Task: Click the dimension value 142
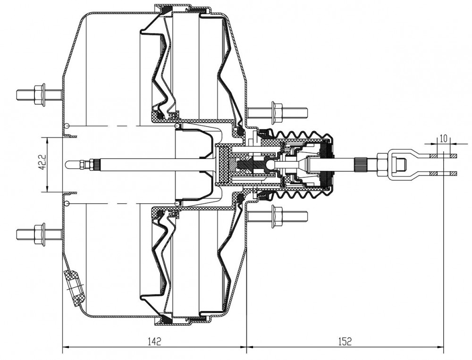[x=154, y=341]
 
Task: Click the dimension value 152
[x=345, y=341]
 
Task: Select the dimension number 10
[x=443, y=138]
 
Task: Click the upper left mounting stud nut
[x=40, y=94]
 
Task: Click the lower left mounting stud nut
[x=40, y=234]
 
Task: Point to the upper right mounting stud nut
[x=277, y=113]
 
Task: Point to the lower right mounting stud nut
[x=277, y=217]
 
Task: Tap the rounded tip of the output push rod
[x=68, y=164]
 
